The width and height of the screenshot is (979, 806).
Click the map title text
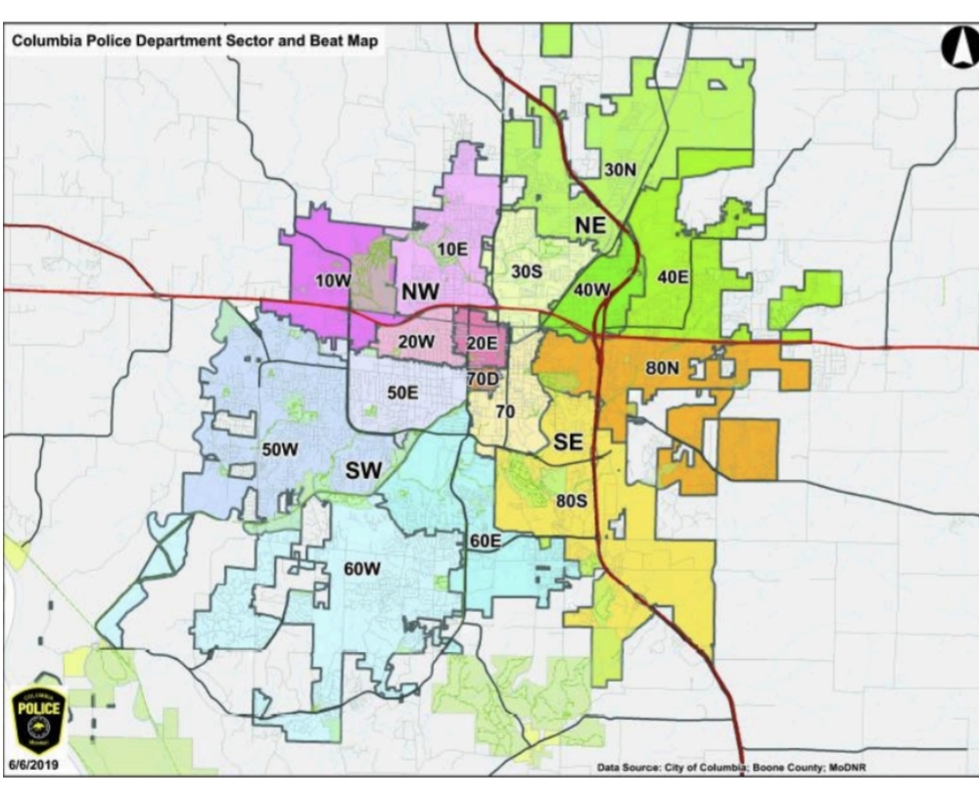coord(193,42)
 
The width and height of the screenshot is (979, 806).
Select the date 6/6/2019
coord(37,765)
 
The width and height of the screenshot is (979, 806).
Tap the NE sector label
coord(591,226)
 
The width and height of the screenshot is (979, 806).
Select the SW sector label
coord(363,471)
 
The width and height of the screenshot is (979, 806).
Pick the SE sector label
coord(568,443)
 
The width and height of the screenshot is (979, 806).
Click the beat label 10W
coord(332,281)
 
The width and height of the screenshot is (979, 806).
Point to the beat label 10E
coord(451,249)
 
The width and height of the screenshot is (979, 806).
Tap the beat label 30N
coord(620,169)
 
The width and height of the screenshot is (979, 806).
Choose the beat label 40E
coord(673,277)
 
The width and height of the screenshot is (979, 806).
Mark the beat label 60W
coord(362,569)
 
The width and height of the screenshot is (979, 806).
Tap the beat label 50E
coord(403,392)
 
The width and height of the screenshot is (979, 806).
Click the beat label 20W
coord(417,342)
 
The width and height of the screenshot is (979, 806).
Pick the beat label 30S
coord(527,270)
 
